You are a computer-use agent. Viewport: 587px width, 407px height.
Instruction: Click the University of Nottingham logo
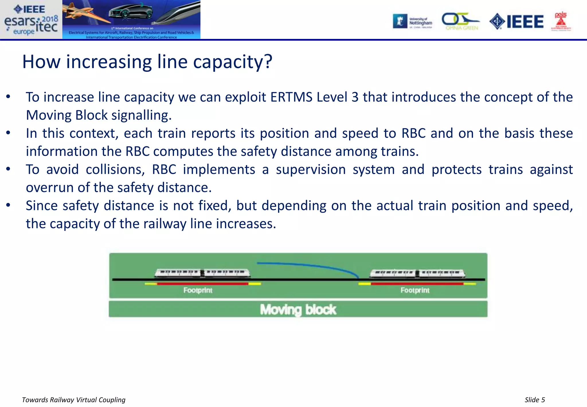[413, 22]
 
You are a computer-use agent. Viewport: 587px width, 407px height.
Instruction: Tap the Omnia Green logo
[460, 22]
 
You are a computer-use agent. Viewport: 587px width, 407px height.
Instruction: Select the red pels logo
[561, 22]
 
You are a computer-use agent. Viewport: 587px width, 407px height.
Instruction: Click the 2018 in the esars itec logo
[50, 19]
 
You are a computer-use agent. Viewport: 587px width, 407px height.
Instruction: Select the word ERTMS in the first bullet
[291, 97]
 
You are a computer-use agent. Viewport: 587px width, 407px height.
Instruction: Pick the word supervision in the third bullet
[311, 169]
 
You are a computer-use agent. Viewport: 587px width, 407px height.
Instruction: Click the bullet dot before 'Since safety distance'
[8, 205]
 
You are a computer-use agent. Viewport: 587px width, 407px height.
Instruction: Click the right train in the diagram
[417, 273]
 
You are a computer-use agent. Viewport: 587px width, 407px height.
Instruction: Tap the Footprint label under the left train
[198, 290]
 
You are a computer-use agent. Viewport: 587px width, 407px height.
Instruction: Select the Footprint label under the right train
[415, 290]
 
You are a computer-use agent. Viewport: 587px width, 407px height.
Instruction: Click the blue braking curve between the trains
[310, 265]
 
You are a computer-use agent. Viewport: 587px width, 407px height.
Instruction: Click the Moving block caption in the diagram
[298, 309]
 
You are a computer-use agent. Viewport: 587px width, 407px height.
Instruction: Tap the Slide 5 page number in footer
[535, 400]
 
